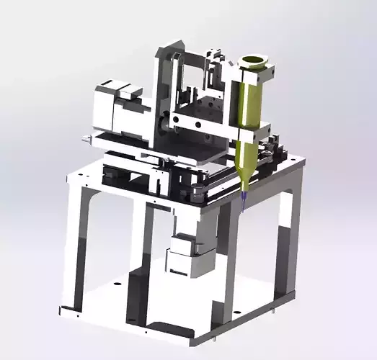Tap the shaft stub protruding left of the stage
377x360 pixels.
pyautogui.click(x=87, y=138)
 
